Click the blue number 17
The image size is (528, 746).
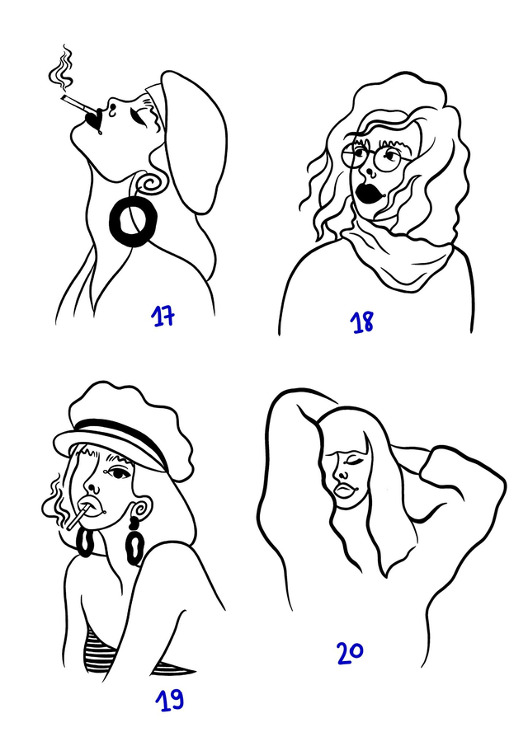tap(163, 317)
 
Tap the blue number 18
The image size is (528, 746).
tap(363, 322)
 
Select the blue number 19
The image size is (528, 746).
tap(169, 700)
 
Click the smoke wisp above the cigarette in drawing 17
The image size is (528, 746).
tap(62, 68)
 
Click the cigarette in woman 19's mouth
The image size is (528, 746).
tap(76, 518)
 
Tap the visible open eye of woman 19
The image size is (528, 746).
tap(116, 474)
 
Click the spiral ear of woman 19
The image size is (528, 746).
tap(141, 509)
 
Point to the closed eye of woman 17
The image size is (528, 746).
tap(139, 115)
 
